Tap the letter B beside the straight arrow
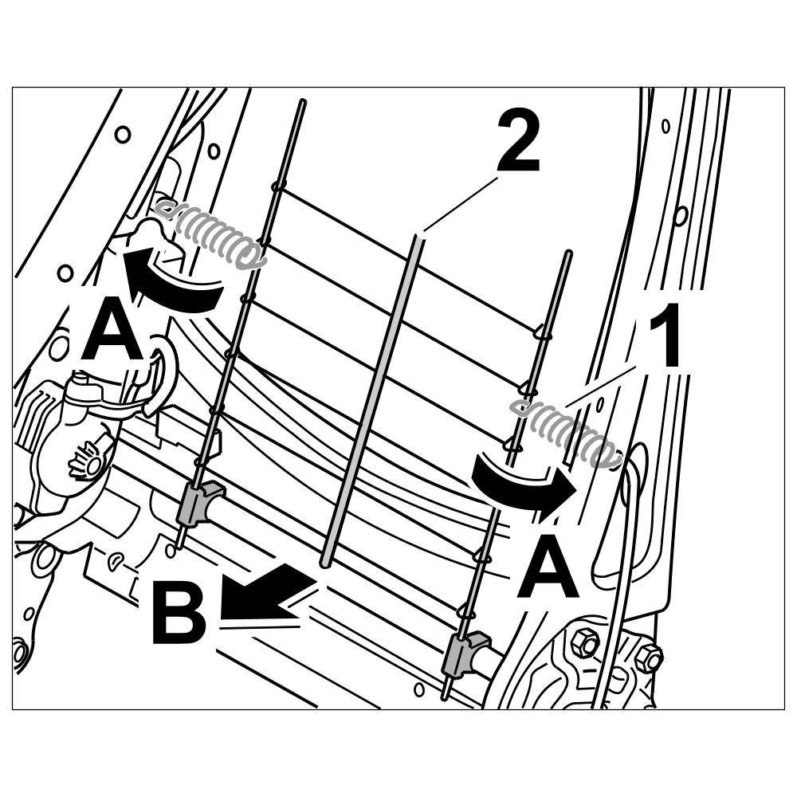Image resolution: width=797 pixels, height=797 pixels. (179, 614)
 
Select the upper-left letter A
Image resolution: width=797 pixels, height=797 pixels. (112, 332)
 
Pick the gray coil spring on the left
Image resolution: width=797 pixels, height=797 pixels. (211, 233)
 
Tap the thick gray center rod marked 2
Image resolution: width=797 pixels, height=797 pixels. (375, 398)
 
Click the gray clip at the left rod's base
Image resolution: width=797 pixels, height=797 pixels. (196, 504)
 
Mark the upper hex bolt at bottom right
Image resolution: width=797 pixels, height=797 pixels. (587, 642)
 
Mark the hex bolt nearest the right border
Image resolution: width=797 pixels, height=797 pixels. (649, 658)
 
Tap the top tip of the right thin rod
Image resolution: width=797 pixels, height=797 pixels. (568, 253)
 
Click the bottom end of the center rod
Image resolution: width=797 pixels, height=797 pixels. (325, 563)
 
